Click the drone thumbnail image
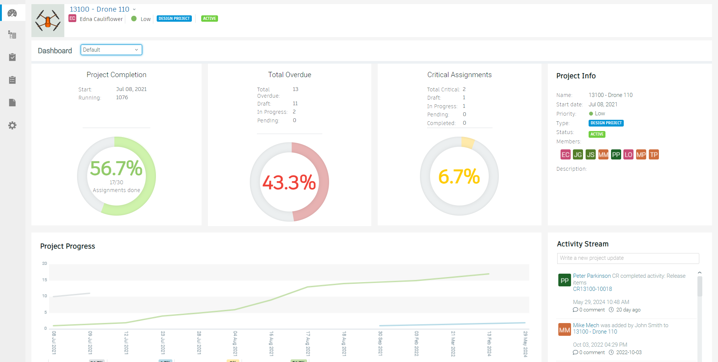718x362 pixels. pyautogui.click(x=48, y=21)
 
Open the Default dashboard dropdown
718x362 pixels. pyautogui.click(x=111, y=50)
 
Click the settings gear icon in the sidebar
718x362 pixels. pyautogui.click(x=12, y=125)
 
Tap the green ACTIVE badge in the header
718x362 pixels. pyautogui.click(x=209, y=19)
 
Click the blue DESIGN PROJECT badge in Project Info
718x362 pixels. pyautogui.click(x=606, y=123)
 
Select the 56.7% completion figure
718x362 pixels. pyautogui.click(x=116, y=168)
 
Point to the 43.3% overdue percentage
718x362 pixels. pyautogui.click(x=289, y=183)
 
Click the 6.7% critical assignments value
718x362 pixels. pyautogui.click(x=459, y=177)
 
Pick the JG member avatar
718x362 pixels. pyautogui.click(x=578, y=155)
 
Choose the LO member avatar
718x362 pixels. pyautogui.click(x=628, y=155)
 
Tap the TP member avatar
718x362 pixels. pyautogui.click(x=654, y=155)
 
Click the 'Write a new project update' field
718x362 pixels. pyautogui.click(x=628, y=258)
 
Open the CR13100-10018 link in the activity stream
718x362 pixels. pyautogui.click(x=592, y=289)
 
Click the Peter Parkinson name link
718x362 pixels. pyautogui.click(x=592, y=276)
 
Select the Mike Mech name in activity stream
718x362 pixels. pyautogui.click(x=586, y=325)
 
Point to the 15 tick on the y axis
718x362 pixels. pyautogui.click(x=45, y=280)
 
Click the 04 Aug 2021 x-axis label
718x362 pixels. pyautogui.click(x=235, y=343)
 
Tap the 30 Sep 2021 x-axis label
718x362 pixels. pyautogui.click(x=380, y=343)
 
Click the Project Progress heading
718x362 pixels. pyautogui.click(x=68, y=246)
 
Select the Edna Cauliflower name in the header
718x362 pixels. pyautogui.click(x=101, y=19)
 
